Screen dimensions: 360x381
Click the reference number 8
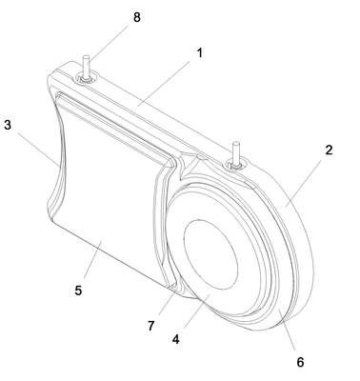[137, 17]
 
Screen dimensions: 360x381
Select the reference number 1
[199, 53]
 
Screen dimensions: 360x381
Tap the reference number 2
[329, 150]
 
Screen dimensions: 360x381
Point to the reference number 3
[8, 125]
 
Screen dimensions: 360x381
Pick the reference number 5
[78, 291]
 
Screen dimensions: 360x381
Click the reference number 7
[150, 326]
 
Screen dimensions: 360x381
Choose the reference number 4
[175, 339]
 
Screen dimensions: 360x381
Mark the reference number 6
[300, 362]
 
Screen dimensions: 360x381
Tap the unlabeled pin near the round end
[235, 154]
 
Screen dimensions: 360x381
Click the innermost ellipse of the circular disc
[210, 254]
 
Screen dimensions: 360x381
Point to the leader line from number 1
[164, 83]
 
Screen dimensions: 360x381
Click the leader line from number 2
[304, 183]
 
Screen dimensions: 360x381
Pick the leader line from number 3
[38, 150]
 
